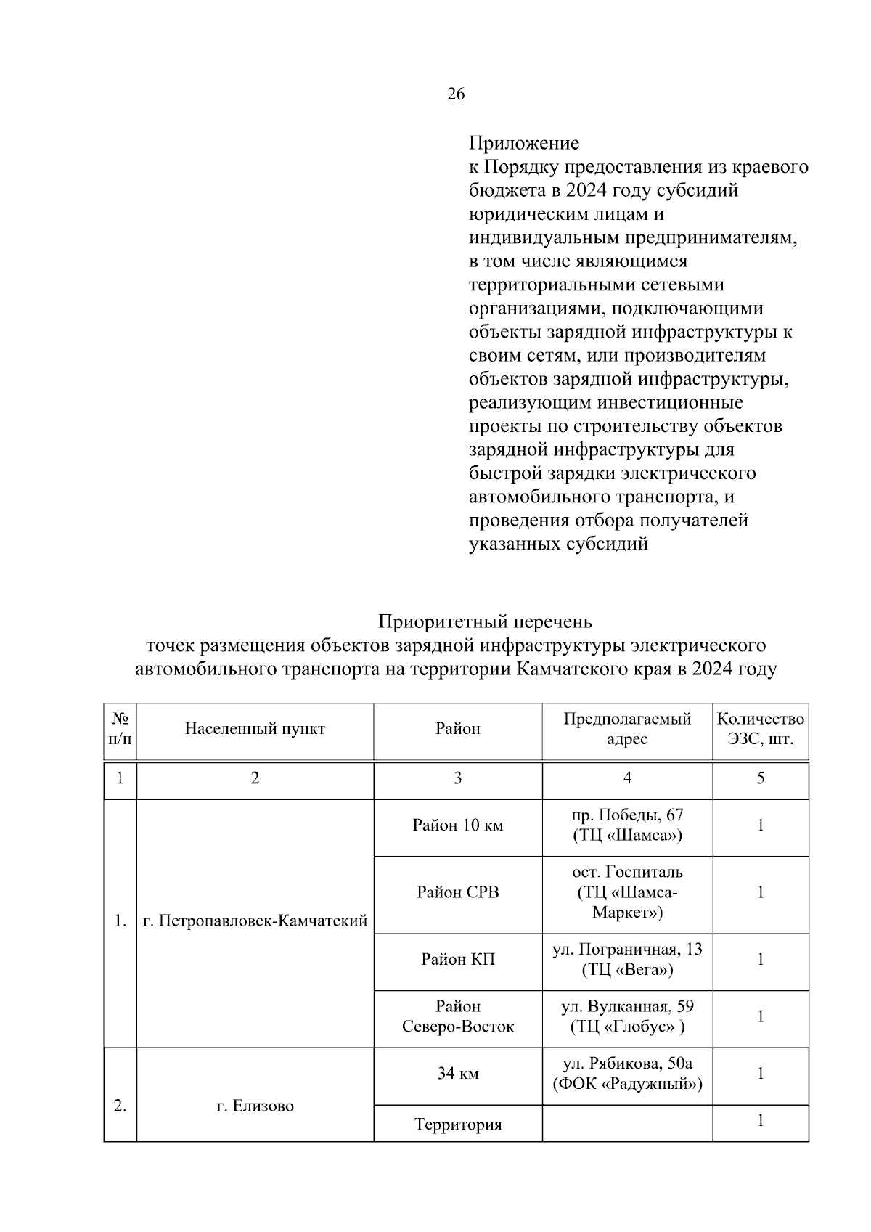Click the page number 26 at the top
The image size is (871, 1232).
456,94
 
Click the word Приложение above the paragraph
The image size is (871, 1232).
523,143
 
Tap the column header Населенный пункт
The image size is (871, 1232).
255,729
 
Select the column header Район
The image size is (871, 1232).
457,729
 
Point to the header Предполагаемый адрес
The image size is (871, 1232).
627,729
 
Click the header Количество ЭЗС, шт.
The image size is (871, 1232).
760,729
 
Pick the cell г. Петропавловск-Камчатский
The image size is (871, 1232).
255,922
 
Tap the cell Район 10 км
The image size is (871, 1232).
457,825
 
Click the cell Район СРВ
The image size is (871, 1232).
457,892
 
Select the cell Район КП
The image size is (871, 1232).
457,960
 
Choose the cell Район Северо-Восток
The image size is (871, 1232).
457,1016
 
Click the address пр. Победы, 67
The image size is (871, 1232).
627,815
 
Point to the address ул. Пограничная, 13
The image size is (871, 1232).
627,950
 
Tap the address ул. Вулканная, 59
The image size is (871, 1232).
627,1007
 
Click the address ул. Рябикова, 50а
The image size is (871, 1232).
627,1064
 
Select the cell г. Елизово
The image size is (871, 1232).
255,1106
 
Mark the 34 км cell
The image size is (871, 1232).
457,1074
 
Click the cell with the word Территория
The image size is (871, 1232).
457,1125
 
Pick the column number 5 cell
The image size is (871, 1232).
760,778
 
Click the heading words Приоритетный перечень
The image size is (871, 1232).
485,622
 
